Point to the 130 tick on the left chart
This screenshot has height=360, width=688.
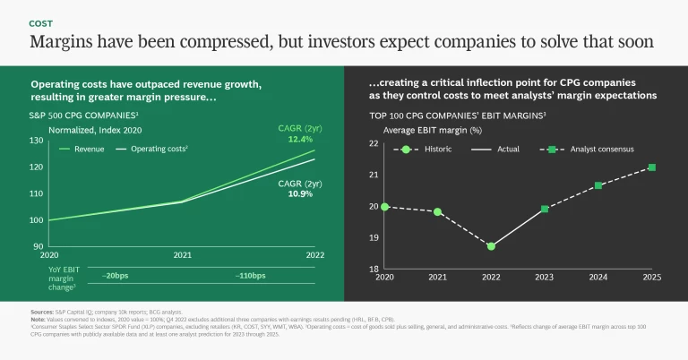[x=36, y=141]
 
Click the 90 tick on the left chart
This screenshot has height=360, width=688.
[x=38, y=246]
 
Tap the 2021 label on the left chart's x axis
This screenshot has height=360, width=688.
[x=182, y=254]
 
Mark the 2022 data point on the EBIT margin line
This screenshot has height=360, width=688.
[x=491, y=245]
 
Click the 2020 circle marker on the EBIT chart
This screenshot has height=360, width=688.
[x=385, y=207]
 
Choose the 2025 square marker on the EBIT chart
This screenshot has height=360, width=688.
[x=651, y=167]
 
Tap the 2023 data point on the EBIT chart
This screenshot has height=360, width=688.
[x=545, y=209]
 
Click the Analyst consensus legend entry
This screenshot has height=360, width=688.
[x=602, y=149]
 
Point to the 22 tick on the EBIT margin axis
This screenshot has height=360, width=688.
[x=374, y=143]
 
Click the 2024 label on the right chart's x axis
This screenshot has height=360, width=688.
[x=598, y=278]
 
